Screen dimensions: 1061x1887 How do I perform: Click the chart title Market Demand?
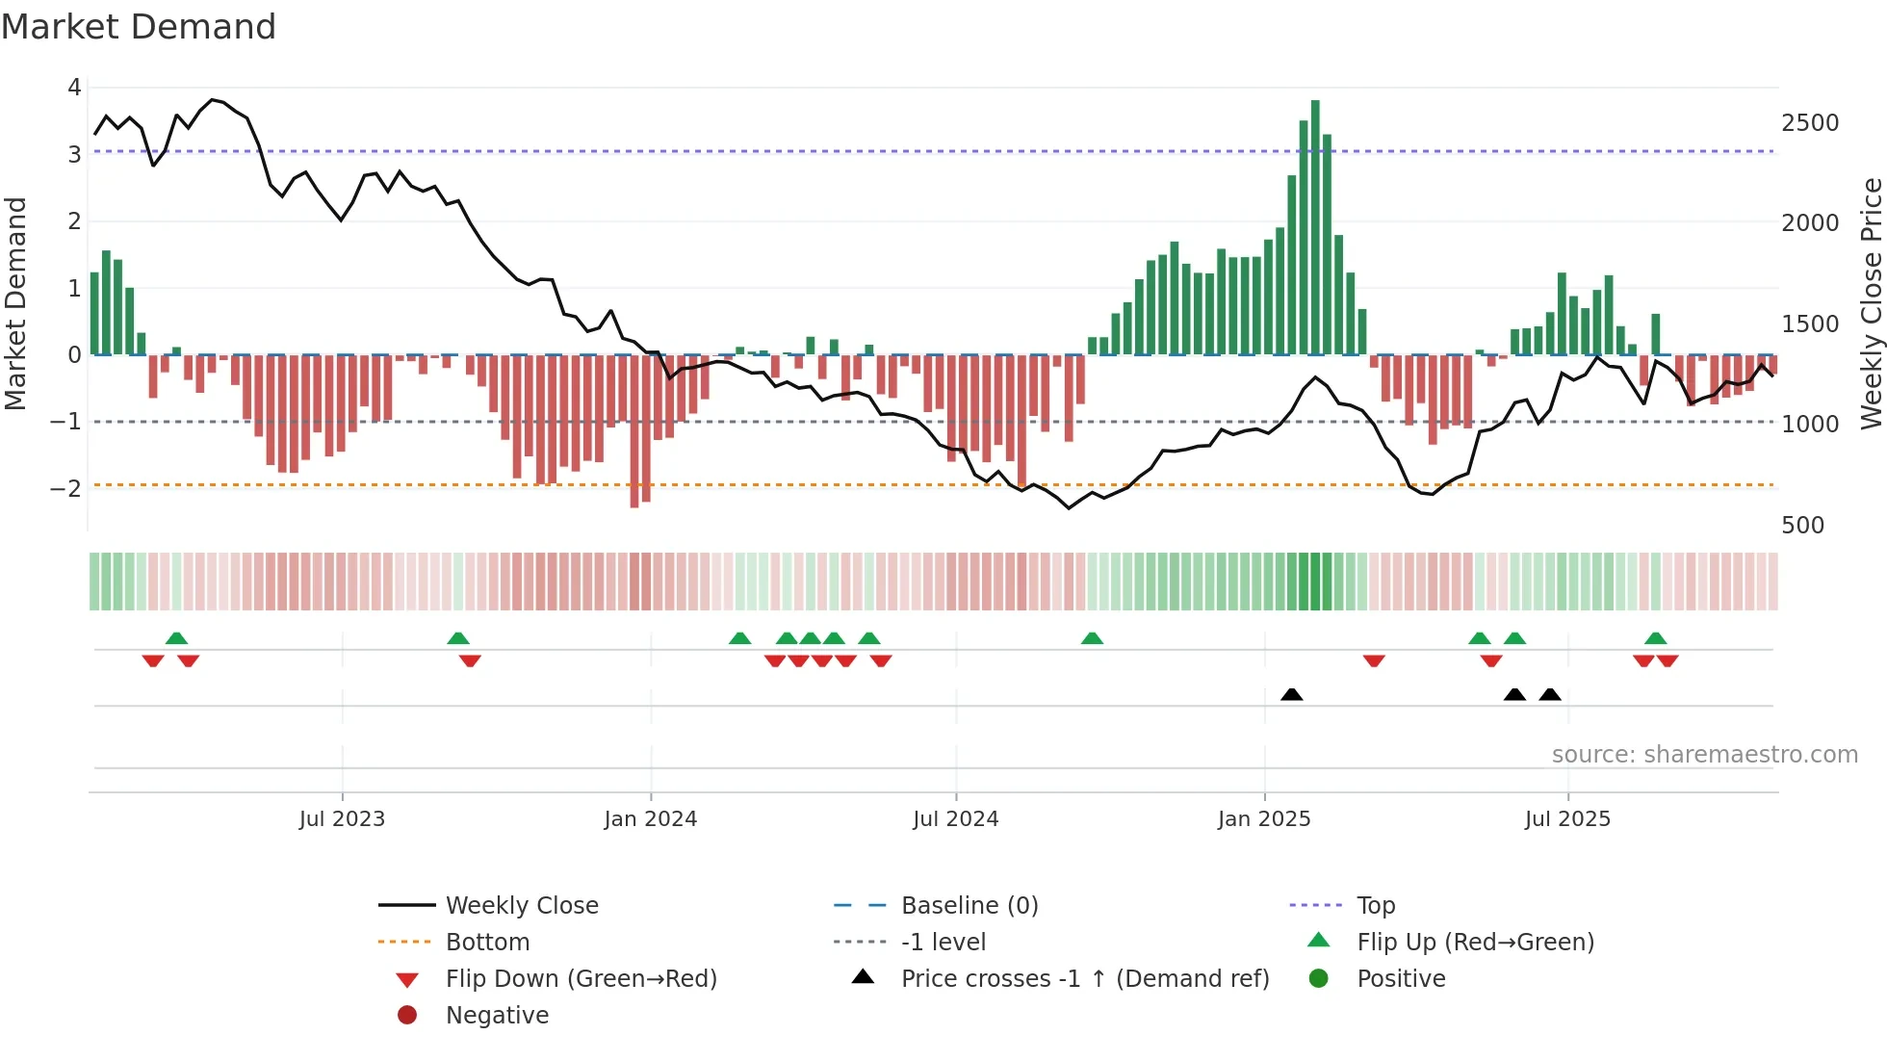point(139,27)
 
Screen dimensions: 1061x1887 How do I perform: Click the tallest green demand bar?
point(1315,227)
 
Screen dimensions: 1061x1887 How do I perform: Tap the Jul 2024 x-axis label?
point(955,819)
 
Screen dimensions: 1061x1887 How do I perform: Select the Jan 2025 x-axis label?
point(1263,819)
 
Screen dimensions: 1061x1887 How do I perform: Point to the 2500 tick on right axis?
point(1809,123)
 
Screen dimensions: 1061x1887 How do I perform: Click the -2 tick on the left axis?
point(65,488)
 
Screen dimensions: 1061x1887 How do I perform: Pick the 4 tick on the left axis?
point(74,88)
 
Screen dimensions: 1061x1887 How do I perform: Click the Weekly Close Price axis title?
point(1871,303)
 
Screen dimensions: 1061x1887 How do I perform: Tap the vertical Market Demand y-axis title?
point(16,303)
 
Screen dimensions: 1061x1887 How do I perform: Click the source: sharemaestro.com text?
point(1704,755)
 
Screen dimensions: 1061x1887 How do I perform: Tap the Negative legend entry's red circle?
point(407,1016)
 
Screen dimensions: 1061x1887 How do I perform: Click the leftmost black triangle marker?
point(1292,694)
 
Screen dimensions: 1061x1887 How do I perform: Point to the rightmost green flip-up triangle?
point(1655,638)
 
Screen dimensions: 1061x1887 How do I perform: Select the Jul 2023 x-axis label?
point(342,819)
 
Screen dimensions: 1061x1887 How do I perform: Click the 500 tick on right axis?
point(1802,526)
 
